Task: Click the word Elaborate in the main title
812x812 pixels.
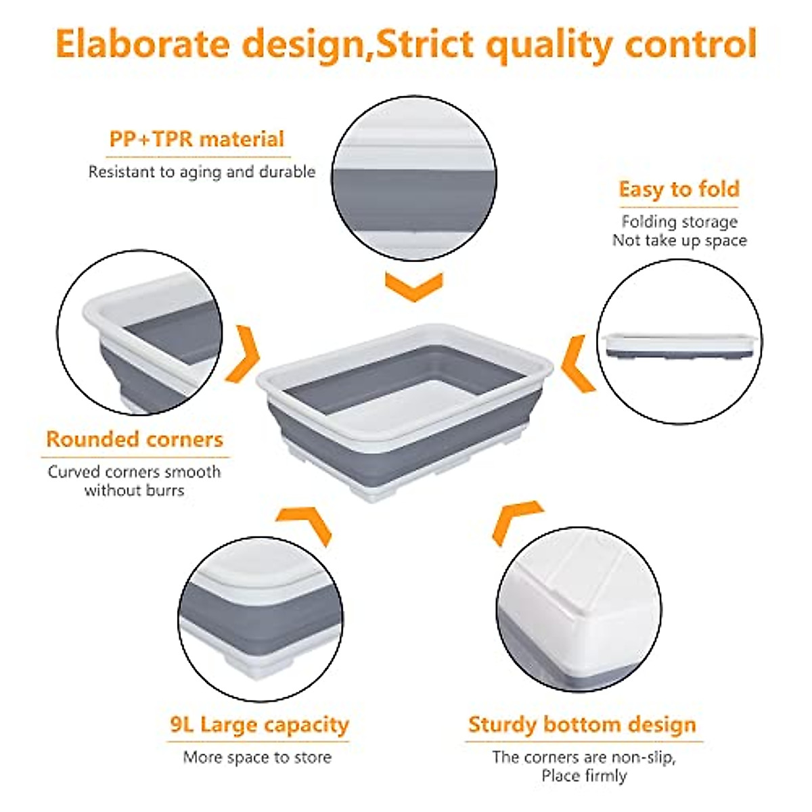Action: point(143,44)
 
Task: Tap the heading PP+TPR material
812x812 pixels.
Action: point(197,139)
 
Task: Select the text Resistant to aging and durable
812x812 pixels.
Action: point(202,172)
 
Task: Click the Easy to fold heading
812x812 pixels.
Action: point(679,189)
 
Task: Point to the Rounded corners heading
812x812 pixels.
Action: point(135,439)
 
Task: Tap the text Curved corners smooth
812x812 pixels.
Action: point(134,472)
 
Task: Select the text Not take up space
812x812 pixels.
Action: point(679,241)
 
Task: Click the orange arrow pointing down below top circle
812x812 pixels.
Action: point(414,286)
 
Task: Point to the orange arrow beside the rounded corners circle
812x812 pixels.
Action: point(243,354)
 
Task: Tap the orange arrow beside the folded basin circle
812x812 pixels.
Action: point(578,363)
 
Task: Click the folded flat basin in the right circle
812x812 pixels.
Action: point(679,346)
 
